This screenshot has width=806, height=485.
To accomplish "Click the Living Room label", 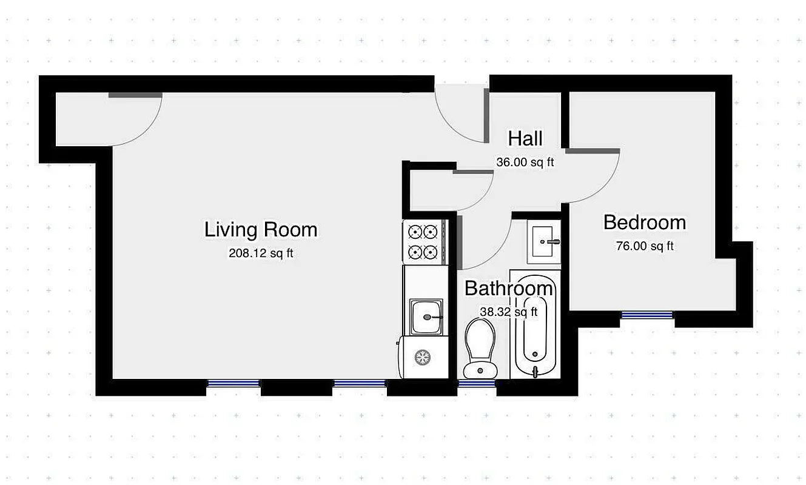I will [261, 230].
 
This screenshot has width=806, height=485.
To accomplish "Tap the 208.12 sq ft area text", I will [261, 254].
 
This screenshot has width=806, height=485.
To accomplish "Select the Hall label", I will [525, 139].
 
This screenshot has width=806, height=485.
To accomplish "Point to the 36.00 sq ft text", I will [525, 162].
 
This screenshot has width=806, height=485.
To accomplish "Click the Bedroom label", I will [645, 222].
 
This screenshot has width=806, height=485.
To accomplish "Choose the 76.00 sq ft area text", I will [645, 246].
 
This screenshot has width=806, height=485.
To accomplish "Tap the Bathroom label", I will [509, 289].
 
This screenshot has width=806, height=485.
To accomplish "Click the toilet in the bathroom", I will [480, 349].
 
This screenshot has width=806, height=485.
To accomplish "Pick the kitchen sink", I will [425, 317].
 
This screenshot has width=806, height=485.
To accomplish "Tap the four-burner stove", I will [423, 241].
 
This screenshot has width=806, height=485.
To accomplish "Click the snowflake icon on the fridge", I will [422, 357].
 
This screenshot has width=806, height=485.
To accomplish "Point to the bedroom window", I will [646, 315].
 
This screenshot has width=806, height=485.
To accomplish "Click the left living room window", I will [233, 383].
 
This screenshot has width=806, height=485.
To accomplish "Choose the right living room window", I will [359, 383].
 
